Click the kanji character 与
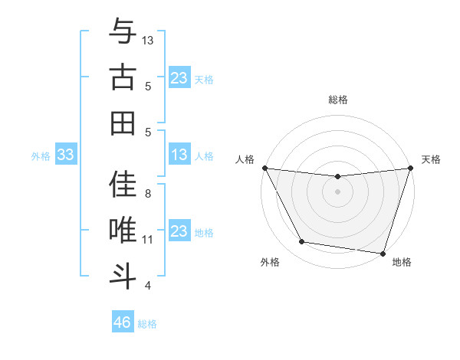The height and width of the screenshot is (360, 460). point(122,32)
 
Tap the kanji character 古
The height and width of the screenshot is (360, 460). point(122,77)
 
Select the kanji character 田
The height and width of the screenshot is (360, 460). point(122,123)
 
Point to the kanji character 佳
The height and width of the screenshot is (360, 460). point(122,184)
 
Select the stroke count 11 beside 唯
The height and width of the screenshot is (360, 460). point(148,240)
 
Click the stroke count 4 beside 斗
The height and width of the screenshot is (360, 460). point(148,286)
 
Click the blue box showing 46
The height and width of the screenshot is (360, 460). point(123,322)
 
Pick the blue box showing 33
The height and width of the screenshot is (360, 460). point(66,155)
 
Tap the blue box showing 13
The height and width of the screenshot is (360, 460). point(179,155)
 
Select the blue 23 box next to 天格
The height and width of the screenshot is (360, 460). point(179,78)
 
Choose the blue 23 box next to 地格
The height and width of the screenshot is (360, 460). point(179,231)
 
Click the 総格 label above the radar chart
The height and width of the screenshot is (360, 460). point(338,100)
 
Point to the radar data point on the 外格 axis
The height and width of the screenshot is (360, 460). point(302,242)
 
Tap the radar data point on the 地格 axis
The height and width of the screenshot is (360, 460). point(383,253)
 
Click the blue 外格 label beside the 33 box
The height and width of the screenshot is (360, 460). point(41,156)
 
